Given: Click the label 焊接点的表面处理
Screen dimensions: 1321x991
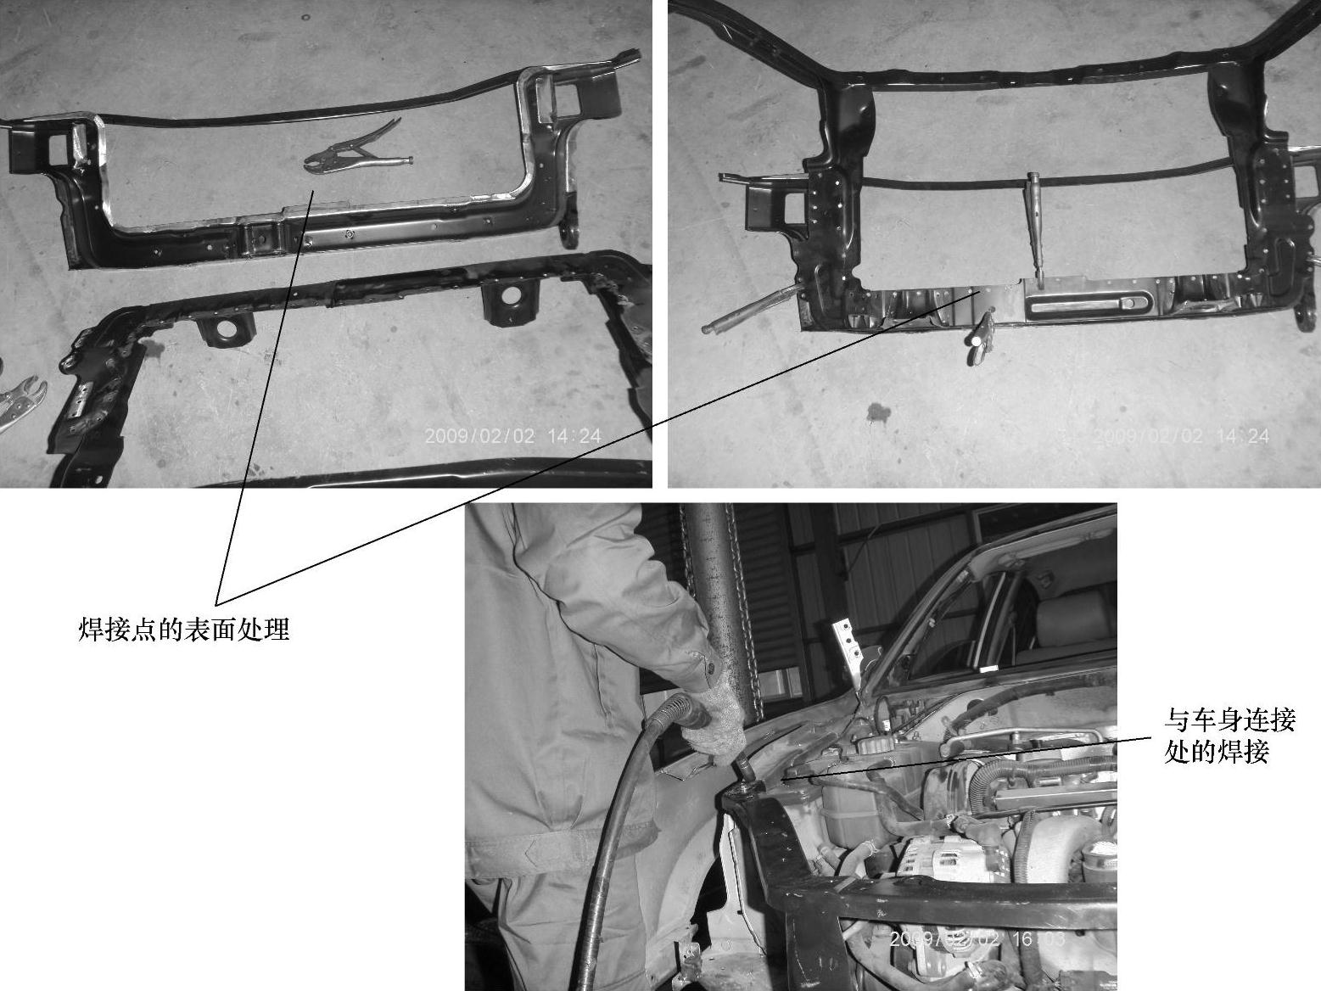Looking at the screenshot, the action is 184,630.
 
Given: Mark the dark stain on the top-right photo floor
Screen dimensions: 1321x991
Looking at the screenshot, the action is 878,413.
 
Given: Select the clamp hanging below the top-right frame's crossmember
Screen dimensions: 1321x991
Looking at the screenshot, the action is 980,338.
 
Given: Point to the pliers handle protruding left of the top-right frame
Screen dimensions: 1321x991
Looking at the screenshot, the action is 749,309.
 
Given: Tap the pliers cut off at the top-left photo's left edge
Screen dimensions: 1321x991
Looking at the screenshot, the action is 21,401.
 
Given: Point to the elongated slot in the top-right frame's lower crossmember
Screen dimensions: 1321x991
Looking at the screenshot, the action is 1089,304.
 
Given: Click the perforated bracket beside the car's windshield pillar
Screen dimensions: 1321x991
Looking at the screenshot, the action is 848,652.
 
